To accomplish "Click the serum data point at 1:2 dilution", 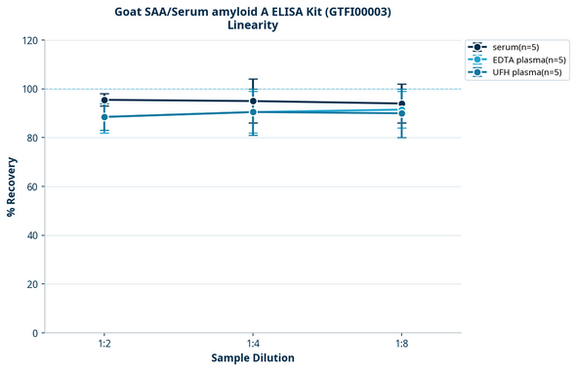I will (x=104, y=100).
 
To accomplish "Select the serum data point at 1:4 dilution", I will (x=253, y=101).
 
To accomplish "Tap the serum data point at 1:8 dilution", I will (x=401, y=103).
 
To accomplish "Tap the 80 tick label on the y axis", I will (x=32, y=138).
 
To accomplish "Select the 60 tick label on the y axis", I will (x=32, y=186).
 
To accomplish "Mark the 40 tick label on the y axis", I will (x=32, y=235).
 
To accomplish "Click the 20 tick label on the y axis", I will (x=32, y=284).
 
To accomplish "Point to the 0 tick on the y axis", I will (x=35, y=333).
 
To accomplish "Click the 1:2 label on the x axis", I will (x=104, y=345).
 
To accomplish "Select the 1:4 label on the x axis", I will (x=253, y=345).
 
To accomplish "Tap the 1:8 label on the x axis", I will (x=401, y=345).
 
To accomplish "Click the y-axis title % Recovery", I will (x=12, y=186).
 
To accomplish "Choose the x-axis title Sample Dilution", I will (x=253, y=358).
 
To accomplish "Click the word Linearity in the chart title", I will (x=253, y=24).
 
